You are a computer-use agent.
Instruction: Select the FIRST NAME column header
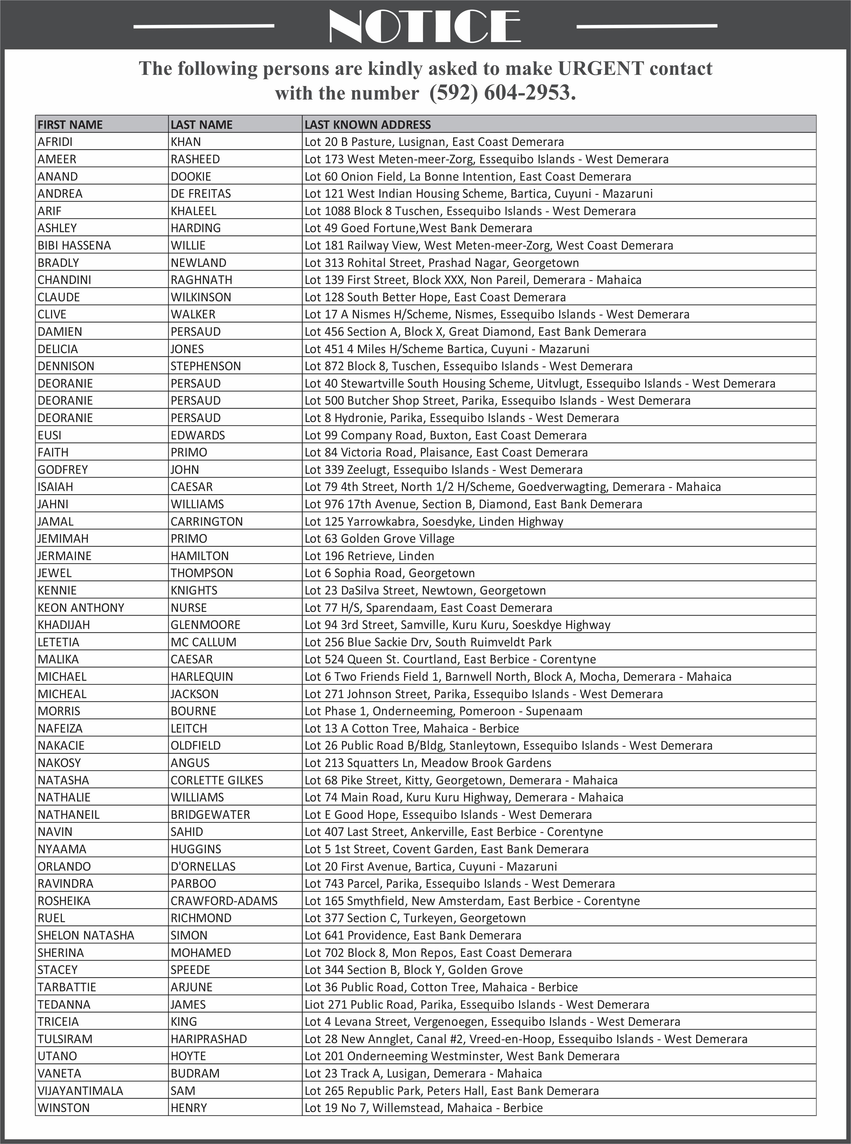70,125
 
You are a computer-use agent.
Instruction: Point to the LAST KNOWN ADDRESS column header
367,125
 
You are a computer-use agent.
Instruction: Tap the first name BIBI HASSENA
74,245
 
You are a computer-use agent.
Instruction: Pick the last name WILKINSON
201,297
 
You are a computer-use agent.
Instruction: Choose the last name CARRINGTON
207,521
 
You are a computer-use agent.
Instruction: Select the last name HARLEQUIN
202,677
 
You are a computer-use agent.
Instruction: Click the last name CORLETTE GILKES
217,780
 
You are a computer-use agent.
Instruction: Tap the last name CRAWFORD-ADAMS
224,901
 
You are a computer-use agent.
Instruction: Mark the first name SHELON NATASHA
85,935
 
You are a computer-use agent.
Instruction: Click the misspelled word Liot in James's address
314,1004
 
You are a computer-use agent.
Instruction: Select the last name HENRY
188,1108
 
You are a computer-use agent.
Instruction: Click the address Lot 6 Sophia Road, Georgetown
389,573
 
